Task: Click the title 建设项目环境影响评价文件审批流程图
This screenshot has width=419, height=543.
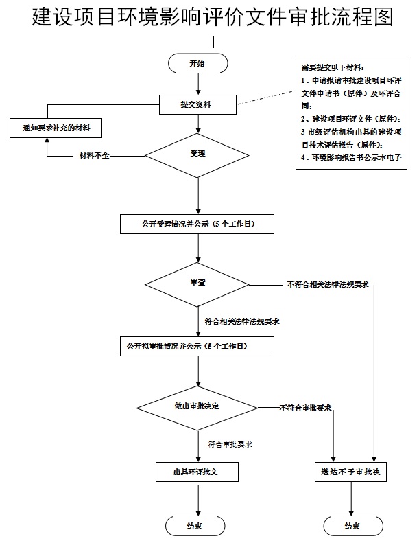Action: click(x=213, y=17)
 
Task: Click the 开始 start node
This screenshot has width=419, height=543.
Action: click(x=197, y=63)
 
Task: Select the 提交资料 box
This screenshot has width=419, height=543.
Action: click(x=197, y=105)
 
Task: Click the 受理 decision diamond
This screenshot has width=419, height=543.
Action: click(x=197, y=154)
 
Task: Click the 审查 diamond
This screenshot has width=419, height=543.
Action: click(x=197, y=283)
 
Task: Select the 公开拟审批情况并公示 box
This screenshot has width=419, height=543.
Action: click(x=197, y=347)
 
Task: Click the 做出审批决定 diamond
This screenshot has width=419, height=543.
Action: click(x=197, y=406)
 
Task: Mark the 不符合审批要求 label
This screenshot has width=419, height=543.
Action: click(x=305, y=408)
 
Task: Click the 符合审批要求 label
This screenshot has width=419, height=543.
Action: click(x=230, y=444)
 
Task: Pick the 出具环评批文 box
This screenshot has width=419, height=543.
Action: click(x=197, y=472)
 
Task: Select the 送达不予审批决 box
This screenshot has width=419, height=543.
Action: click(x=350, y=473)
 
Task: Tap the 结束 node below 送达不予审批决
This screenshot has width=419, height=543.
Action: click(x=352, y=526)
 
